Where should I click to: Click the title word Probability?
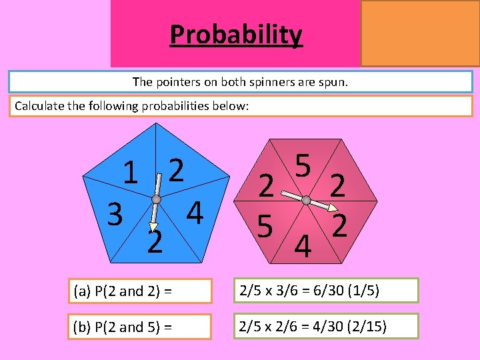click(236, 34)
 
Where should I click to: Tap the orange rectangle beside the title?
click(420, 33)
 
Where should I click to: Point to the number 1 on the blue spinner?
click(132, 175)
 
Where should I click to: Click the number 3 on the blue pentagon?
click(114, 215)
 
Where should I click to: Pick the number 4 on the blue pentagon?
click(195, 213)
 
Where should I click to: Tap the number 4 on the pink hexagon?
click(303, 247)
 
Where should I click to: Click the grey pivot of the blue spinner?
click(156, 199)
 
